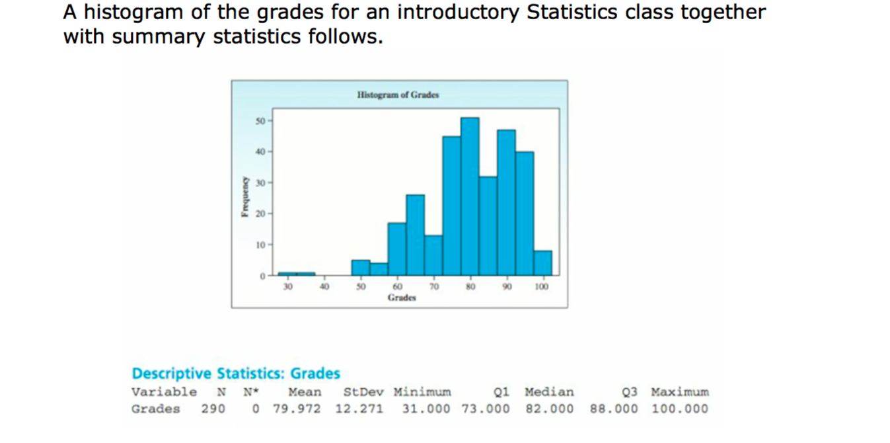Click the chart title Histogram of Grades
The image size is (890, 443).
click(398, 95)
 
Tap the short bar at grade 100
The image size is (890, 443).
click(542, 263)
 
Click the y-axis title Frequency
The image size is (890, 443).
click(246, 196)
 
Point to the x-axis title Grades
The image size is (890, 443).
click(402, 298)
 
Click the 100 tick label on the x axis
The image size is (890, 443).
click(542, 287)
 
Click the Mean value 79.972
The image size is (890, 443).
click(297, 409)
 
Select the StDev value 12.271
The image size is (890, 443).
click(359, 409)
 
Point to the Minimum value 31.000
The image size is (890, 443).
click(426, 409)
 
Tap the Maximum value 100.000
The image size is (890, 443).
click(679, 409)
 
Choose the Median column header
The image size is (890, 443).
click(549, 391)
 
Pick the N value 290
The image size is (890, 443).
click(213, 409)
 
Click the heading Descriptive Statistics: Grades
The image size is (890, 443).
click(236, 374)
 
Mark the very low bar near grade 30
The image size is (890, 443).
click(296, 273)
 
